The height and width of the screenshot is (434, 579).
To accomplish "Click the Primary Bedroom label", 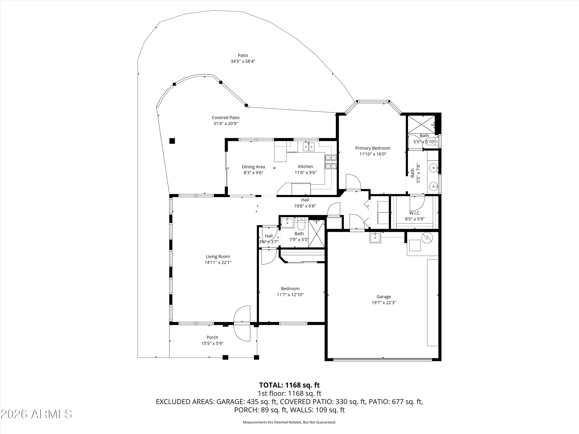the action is pos(373,148).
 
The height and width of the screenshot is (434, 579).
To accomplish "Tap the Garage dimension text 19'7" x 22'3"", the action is pos(384,303).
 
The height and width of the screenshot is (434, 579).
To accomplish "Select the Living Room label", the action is pos(218,256).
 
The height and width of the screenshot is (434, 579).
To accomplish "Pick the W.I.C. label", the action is pos(415,213).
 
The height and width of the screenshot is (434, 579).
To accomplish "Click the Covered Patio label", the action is pos(226,118).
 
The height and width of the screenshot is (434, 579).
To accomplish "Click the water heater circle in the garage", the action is pos(427,237).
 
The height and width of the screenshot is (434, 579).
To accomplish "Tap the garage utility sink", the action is pos(375,238).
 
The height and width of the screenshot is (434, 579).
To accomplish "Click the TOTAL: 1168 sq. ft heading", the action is pos(289,385).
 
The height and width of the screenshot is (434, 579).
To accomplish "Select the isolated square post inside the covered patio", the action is pos(172,141).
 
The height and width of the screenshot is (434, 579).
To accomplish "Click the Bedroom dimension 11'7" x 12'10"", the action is pos(290,295).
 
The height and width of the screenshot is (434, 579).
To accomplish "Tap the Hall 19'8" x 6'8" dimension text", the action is pos(305,206).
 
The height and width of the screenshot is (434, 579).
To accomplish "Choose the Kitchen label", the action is pos(306,166).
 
